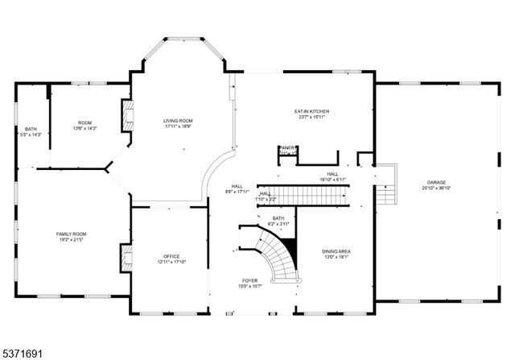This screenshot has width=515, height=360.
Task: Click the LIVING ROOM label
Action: (x=178, y=121)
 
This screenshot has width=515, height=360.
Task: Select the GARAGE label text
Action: (x=436, y=183)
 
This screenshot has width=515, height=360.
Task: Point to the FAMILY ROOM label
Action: (x=71, y=234)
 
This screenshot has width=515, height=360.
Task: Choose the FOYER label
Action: (x=250, y=280)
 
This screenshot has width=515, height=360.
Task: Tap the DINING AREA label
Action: (x=336, y=251)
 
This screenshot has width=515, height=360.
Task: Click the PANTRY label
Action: (x=287, y=148)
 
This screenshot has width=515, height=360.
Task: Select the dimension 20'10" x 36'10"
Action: (x=436, y=188)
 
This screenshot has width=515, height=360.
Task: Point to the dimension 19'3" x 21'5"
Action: (x=71, y=239)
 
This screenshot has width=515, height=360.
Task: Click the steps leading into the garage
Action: (x=387, y=185)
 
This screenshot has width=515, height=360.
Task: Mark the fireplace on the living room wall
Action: (x=126, y=115)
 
